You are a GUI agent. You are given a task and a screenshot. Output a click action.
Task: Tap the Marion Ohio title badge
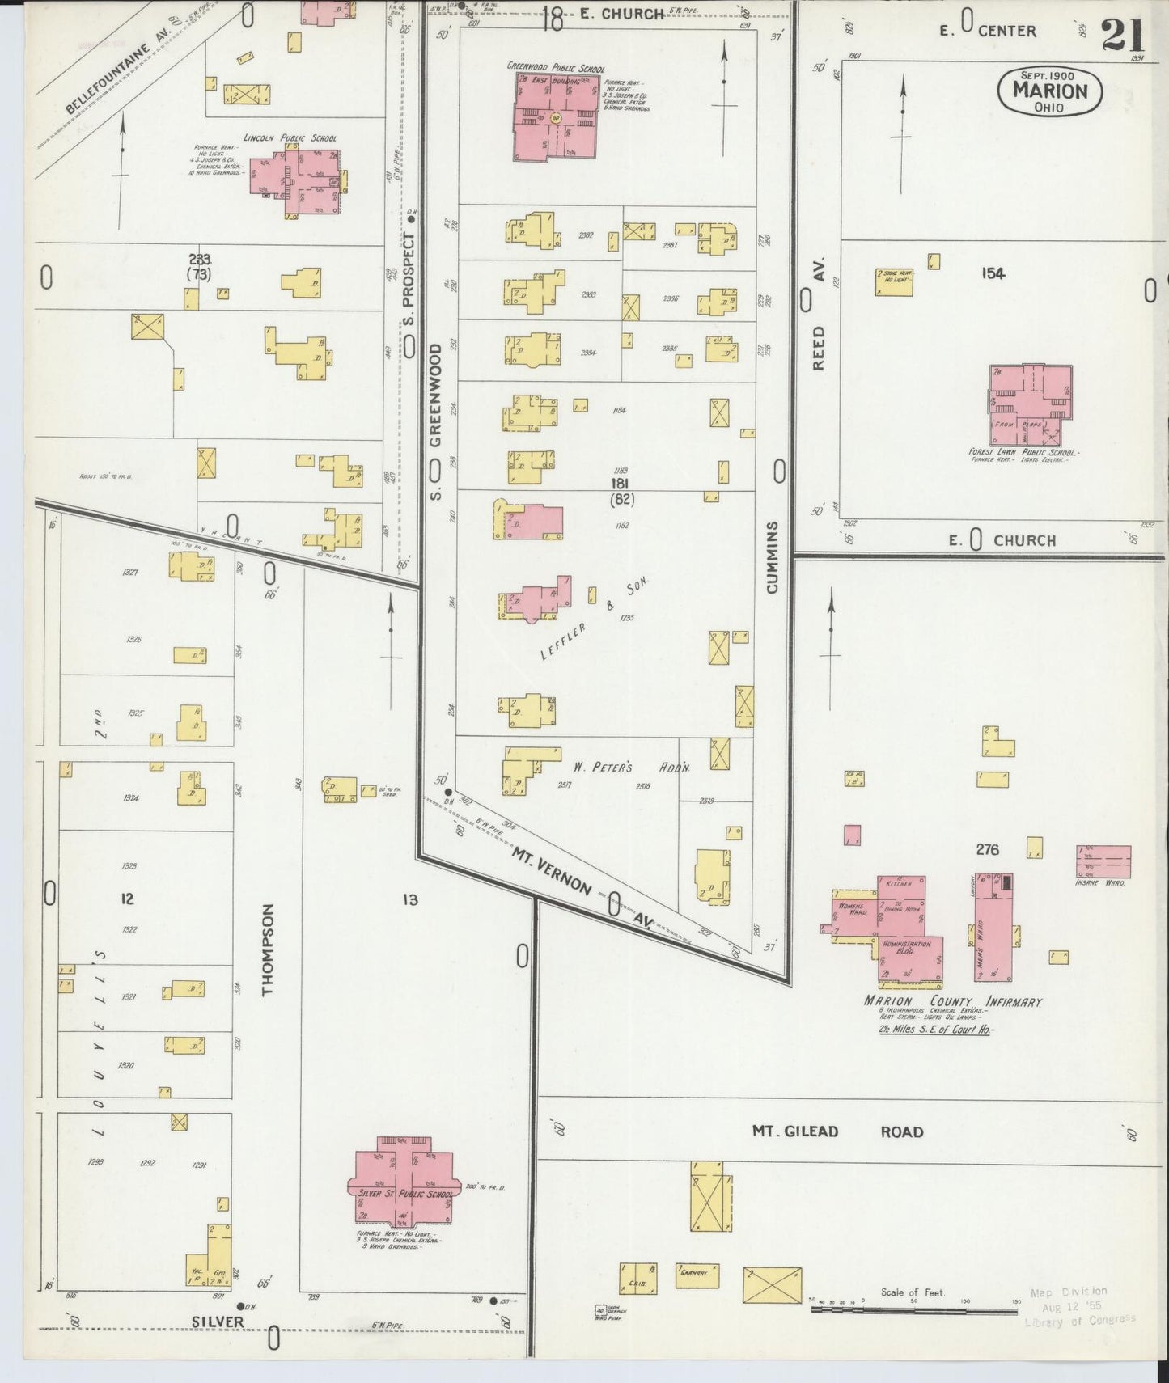1048,91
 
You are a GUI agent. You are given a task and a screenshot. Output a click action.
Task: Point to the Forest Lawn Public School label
1023,452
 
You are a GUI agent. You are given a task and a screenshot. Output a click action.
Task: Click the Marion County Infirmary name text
951,1002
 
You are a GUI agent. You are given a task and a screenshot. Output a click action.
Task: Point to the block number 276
987,849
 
